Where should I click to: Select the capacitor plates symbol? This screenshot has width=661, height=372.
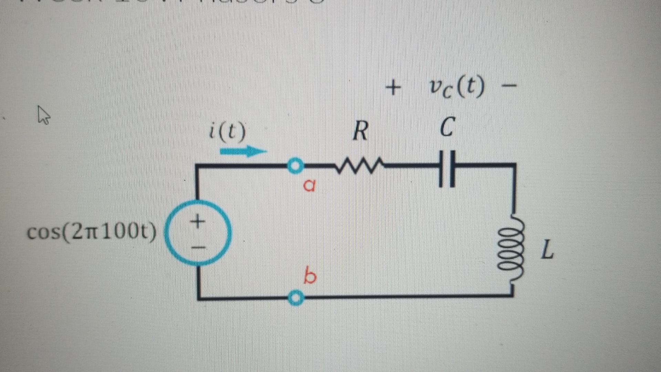click(447, 168)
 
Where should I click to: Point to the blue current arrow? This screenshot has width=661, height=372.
click(243, 151)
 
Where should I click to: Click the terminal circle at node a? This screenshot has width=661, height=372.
click(295, 166)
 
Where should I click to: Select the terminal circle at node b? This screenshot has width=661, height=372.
click(295, 298)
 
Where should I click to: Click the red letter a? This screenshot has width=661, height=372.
click(309, 185)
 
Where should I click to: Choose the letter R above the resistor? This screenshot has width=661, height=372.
click(360, 131)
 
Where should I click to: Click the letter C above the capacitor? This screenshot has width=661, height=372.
click(447, 127)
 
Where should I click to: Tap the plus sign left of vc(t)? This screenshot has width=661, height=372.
click(393, 88)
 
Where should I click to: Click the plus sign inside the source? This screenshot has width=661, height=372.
click(197, 220)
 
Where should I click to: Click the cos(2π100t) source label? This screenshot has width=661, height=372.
click(92, 232)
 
